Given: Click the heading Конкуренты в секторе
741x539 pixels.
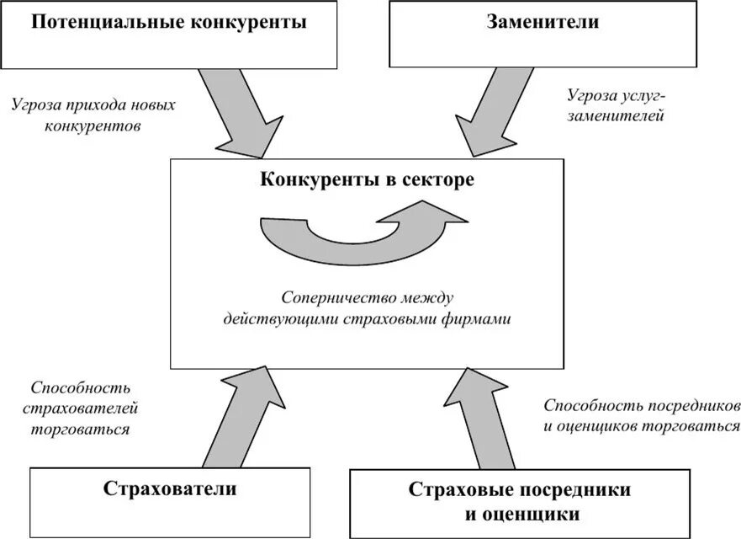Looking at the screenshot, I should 366,180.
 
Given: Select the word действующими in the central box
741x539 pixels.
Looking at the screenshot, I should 271,319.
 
